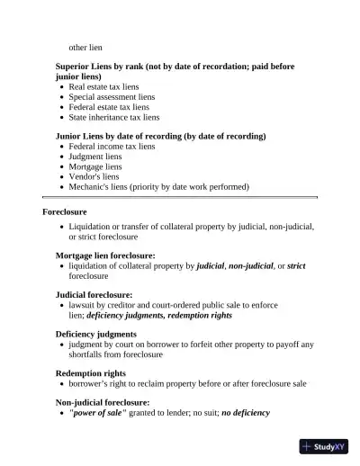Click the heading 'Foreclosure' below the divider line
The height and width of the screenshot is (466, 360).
[x=65, y=211]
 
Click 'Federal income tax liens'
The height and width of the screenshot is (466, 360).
[x=112, y=147]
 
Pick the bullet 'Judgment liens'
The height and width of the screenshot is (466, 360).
[x=95, y=157]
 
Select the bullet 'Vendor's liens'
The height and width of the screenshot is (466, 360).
[x=94, y=176]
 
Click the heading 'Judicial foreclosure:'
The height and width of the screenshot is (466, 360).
[x=94, y=295]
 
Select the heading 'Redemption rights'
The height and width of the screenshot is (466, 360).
[x=91, y=372]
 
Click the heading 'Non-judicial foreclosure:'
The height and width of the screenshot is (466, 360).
[x=103, y=402]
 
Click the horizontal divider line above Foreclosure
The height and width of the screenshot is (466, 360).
[x=180, y=197]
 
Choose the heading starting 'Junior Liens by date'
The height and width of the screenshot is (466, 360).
[x=160, y=137]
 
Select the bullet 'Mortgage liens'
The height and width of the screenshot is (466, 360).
[x=95, y=166]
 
